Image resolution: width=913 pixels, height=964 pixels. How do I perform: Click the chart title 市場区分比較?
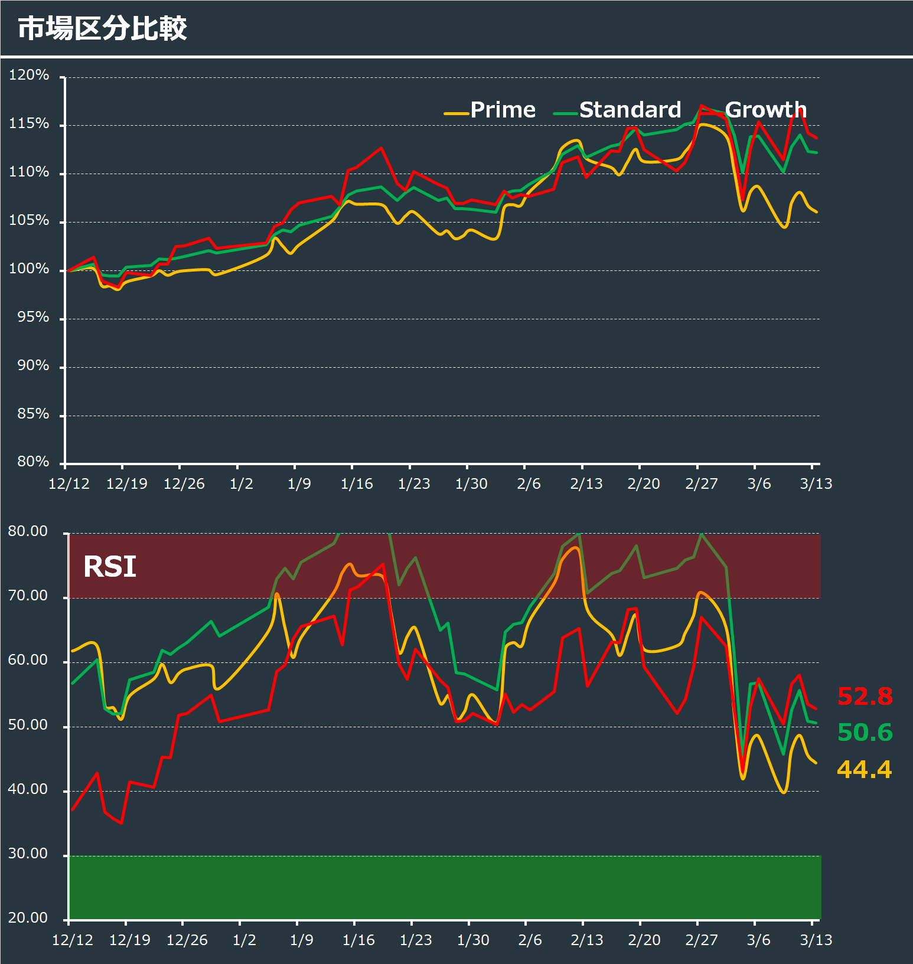click(102, 28)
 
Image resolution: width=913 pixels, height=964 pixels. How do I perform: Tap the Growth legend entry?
click(765, 110)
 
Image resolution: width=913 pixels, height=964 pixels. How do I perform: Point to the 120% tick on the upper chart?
click(29, 75)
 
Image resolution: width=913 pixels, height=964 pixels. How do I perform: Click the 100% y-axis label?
click(29, 269)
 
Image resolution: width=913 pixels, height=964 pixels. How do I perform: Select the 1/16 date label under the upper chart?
click(357, 484)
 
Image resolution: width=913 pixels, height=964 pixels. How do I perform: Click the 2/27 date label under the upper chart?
click(702, 484)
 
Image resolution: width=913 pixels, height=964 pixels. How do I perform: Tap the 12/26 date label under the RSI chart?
click(187, 940)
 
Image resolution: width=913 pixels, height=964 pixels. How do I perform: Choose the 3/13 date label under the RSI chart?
click(816, 940)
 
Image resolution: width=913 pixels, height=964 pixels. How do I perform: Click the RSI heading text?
click(110, 567)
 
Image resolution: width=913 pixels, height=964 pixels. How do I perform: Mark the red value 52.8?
click(865, 697)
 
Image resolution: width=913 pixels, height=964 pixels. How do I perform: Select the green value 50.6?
click(865, 733)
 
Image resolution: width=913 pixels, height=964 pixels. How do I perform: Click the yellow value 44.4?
click(865, 769)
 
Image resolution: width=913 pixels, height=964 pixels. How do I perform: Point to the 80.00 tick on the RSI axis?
click(28, 531)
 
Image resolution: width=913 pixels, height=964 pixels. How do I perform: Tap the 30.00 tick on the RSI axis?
click(28, 854)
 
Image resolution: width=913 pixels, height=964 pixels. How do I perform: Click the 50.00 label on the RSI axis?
click(28, 725)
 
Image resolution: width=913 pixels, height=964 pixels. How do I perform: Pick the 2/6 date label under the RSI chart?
click(530, 940)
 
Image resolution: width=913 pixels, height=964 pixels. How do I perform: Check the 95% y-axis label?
click(33, 317)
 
